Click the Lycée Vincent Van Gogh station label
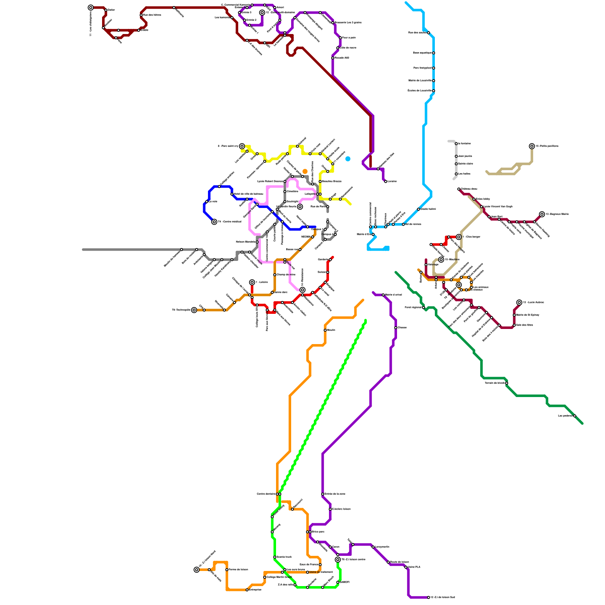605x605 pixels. pos(498,206)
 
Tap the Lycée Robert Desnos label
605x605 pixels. pos(270,181)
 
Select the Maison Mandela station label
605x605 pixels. pos(245,242)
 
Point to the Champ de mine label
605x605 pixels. pos(286,275)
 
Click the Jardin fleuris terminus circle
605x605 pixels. pos(300,207)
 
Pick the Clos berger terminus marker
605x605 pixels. pos(459,237)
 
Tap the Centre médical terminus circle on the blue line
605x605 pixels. pos(214,222)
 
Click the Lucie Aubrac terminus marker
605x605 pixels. pos(520,302)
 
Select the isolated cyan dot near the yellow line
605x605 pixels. pos(348,159)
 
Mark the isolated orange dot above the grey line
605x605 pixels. pos(305,171)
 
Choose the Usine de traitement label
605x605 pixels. pos(321,572)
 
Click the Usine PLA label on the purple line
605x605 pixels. pos(414,567)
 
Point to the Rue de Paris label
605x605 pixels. pos(318,206)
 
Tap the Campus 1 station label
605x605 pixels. pos(317,229)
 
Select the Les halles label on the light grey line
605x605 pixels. pos(464,174)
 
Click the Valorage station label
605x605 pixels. pos(433,264)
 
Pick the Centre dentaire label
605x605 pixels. pos(266,494)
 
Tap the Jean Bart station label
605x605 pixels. pos(496,217)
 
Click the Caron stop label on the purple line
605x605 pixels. pos(336,547)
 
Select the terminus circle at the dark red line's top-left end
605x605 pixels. pos(91,8)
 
